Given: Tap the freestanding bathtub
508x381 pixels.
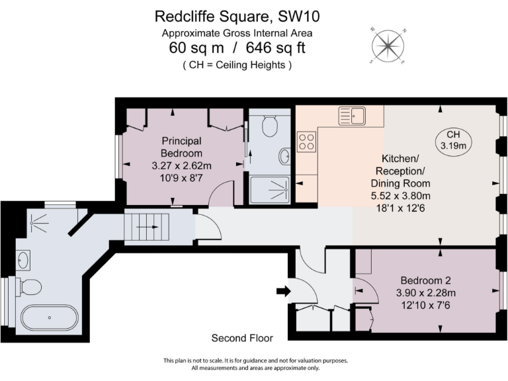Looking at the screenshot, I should (49, 317).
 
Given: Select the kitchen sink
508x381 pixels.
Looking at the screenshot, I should (352, 116).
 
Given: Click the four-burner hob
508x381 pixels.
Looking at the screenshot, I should (306, 142).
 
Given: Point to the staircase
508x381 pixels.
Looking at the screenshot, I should (148, 227).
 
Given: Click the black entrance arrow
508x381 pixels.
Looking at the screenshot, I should (282, 290).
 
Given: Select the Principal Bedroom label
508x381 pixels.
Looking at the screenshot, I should (181, 147).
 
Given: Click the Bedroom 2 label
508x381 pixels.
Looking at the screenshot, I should (426, 280).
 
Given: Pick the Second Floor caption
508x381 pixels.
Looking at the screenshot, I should (242, 338).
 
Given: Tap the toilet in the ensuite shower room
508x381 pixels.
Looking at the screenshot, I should (269, 125).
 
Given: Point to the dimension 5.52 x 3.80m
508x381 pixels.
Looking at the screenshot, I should (401, 196).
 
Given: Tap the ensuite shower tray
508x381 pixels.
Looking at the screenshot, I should (271, 188).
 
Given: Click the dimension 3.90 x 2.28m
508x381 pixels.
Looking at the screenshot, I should (426, 292).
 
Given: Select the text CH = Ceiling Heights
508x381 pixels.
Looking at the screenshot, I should (237, 65).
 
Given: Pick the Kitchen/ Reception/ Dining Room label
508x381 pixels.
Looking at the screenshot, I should (401, 171).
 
